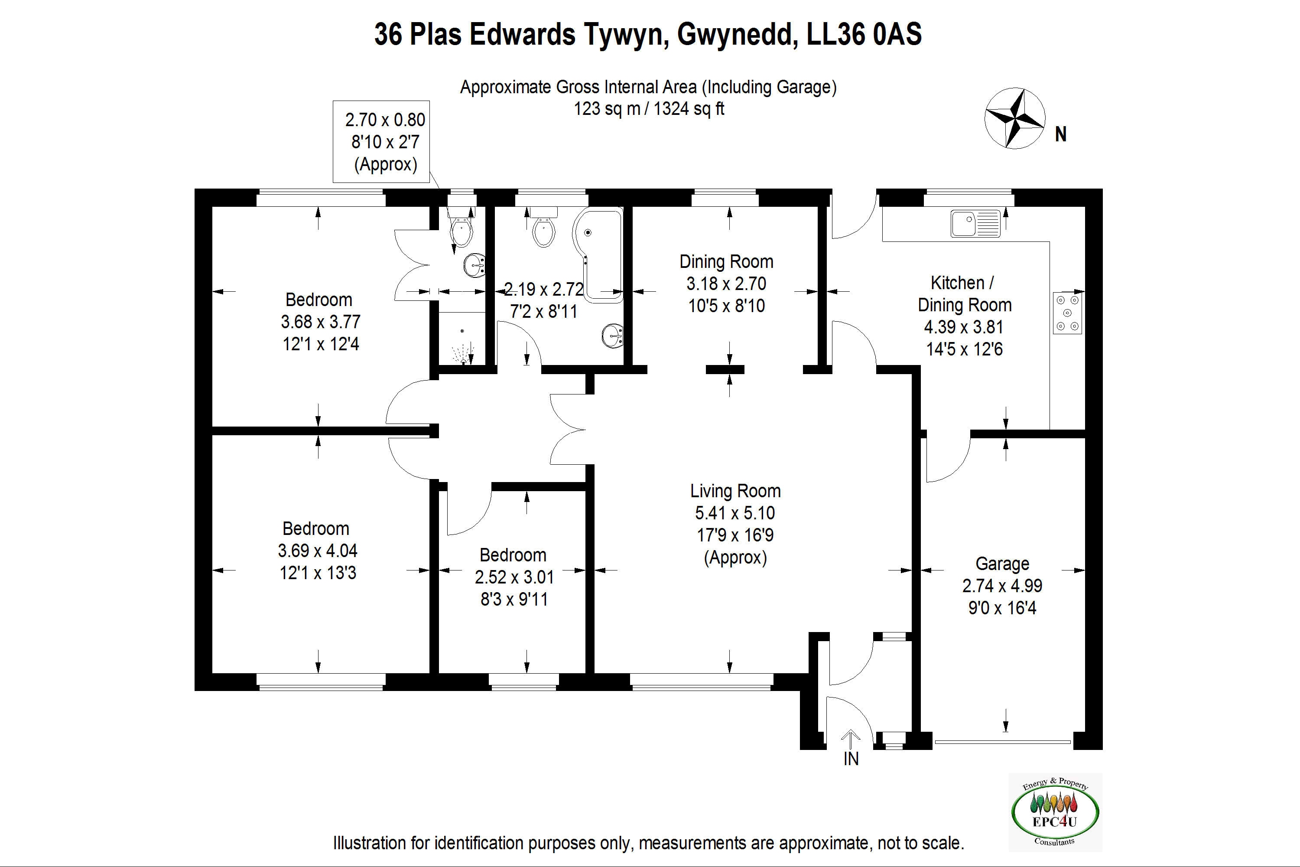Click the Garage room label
[1001, 564]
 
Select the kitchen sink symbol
[975, 223]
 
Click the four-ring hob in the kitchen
[1067, 313]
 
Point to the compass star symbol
[1014, 118]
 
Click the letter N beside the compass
[1060, 134]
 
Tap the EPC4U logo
[1055, 812]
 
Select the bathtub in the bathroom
[598, 254]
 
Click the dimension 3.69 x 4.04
[317, 551]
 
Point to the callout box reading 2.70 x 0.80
[381, 142]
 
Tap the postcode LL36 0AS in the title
[864, 34]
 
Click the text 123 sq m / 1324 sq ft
[648, 108]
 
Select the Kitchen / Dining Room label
[964, 293]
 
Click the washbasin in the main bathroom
[612, 335]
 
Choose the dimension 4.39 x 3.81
[963, 327]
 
